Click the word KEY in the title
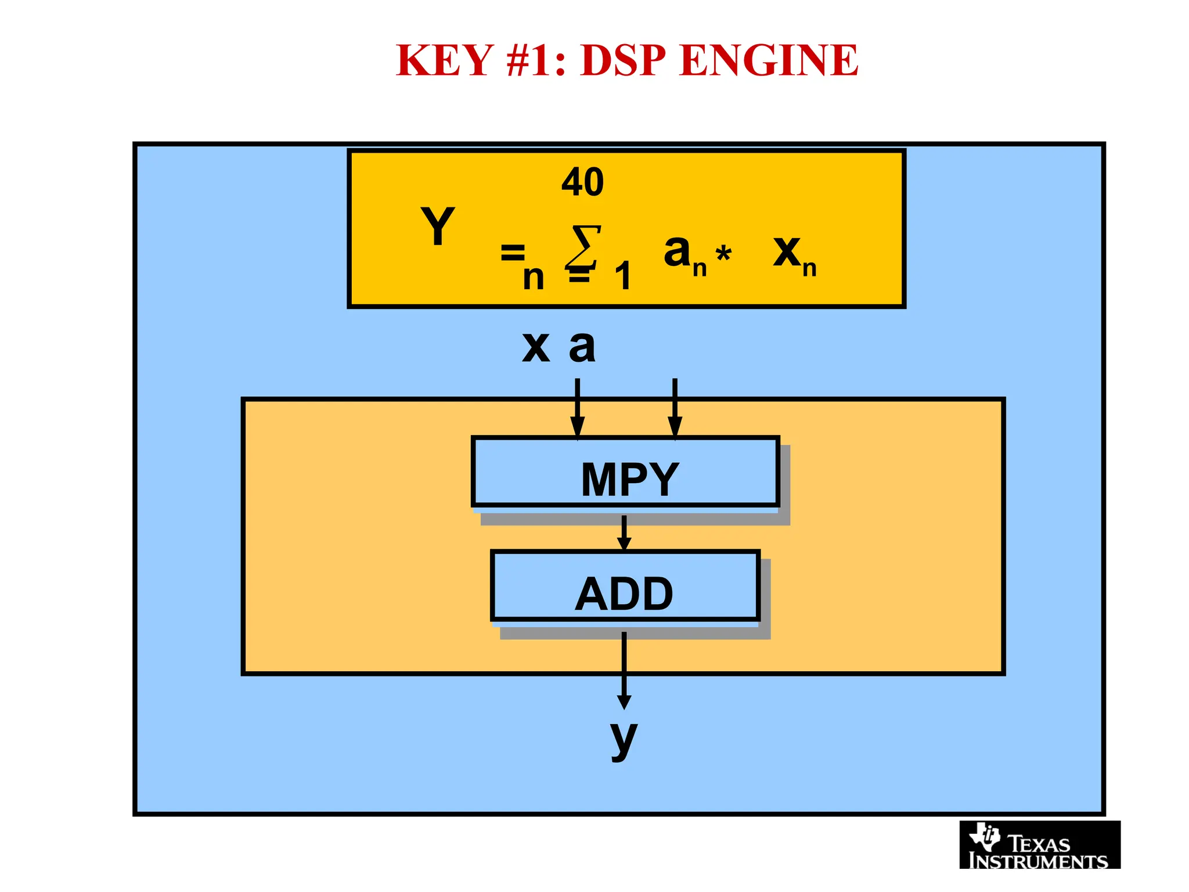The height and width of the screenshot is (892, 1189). (444, 60)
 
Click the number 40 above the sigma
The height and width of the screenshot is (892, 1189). (582, 182)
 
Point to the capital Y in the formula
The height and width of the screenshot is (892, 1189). (437, 226)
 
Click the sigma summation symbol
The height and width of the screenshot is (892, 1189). (583, 247)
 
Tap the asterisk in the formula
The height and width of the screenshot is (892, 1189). (723, 254)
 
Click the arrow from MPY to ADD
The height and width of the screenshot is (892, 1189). (624, 532)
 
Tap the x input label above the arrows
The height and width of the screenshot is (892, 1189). (535, 347)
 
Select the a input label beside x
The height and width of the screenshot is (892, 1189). (582, 347)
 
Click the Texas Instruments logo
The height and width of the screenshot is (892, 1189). (1039, 845)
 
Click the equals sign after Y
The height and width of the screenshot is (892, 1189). (513, 253)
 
